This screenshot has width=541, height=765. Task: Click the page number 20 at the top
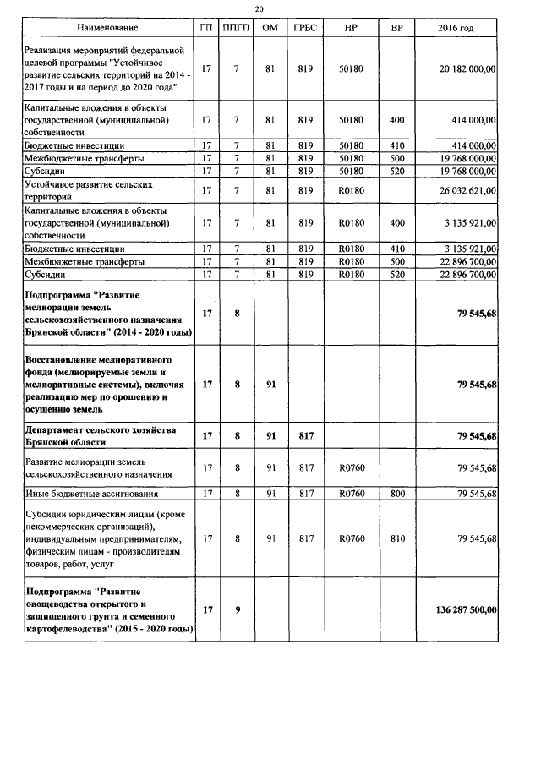click(270, 9)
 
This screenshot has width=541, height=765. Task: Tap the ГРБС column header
click(306, 30)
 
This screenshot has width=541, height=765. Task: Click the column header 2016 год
click(456, 30)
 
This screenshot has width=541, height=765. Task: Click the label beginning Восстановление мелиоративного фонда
click(106, 385)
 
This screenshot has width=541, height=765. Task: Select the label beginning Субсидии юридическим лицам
click(106, 538)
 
